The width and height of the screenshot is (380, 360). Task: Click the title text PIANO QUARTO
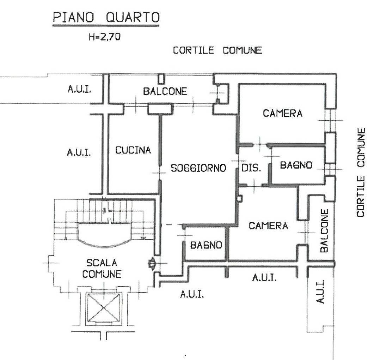(106, 18)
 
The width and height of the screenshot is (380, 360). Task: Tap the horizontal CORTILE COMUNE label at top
(217, 50)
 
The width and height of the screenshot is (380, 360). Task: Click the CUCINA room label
(133, 150)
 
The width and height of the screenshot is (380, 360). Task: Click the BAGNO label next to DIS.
(296, 165)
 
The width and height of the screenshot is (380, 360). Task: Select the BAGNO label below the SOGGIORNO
(206, 245)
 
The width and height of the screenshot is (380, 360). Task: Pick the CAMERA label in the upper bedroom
(283, 113)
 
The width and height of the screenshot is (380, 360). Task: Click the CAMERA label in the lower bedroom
(269, 226)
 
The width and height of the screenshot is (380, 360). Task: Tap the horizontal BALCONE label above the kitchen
(165, 91)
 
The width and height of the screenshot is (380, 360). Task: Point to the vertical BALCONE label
(324, 231)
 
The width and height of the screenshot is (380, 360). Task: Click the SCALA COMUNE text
(102, 269)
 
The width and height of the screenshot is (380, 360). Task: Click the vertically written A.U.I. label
(320, 292)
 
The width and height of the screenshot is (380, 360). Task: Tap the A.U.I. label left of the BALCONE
(79, 90)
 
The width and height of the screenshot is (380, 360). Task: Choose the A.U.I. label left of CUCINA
(79, 152)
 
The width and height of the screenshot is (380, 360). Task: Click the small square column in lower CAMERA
(239, 199)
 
